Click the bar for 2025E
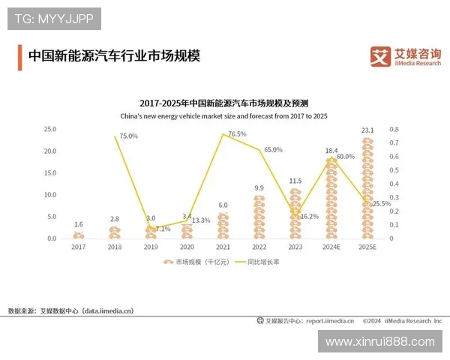367,188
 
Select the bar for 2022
259,217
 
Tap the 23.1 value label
367,130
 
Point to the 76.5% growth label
237,134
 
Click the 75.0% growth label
129,136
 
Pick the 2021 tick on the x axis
223,246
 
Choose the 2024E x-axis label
331,246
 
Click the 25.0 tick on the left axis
50,129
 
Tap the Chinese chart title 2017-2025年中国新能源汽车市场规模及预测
224,103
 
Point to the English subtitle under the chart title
224,116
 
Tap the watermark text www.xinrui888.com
380,341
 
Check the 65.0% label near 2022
273,150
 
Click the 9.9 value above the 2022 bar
259,187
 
